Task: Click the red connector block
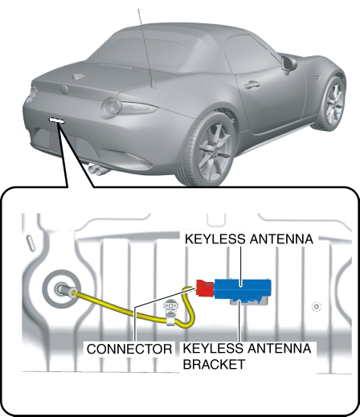(205, 288)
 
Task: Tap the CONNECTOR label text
(129, 349)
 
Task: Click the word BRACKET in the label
(214, 364)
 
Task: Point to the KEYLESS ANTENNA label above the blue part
(249, 239)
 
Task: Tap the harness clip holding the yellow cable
(171, 313)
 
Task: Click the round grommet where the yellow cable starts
(62, 289)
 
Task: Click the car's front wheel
(331, 102)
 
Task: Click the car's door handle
(252, 85)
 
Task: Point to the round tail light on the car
(111, 107)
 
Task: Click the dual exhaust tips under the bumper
(97, 170)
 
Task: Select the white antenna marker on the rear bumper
(57, 121)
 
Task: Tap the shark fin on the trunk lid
(78, 76)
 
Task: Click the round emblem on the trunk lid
(64, 89)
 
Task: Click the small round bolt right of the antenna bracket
(317, 307)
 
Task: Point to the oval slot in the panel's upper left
(31, 243)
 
